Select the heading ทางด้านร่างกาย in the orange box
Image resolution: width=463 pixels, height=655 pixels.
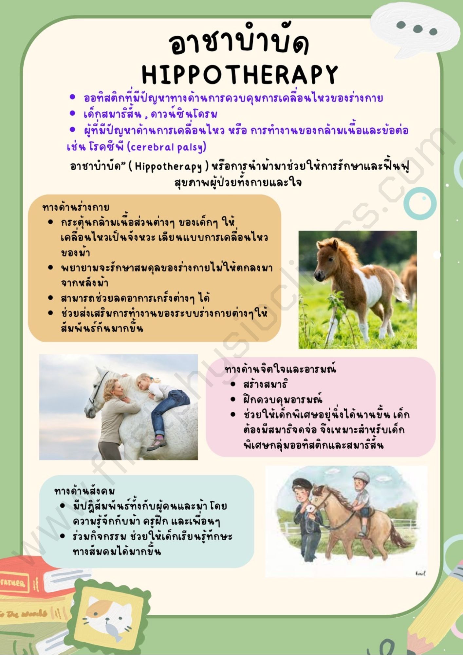[x=76, y=207]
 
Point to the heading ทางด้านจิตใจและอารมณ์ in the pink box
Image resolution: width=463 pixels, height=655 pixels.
[x=280, y=369]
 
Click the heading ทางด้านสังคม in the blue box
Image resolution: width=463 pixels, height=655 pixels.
[x=84, y=491]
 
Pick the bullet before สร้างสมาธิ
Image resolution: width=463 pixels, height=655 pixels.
[x=233, y=384]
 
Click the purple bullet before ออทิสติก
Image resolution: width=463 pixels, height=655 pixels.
[x=73, y=97]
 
